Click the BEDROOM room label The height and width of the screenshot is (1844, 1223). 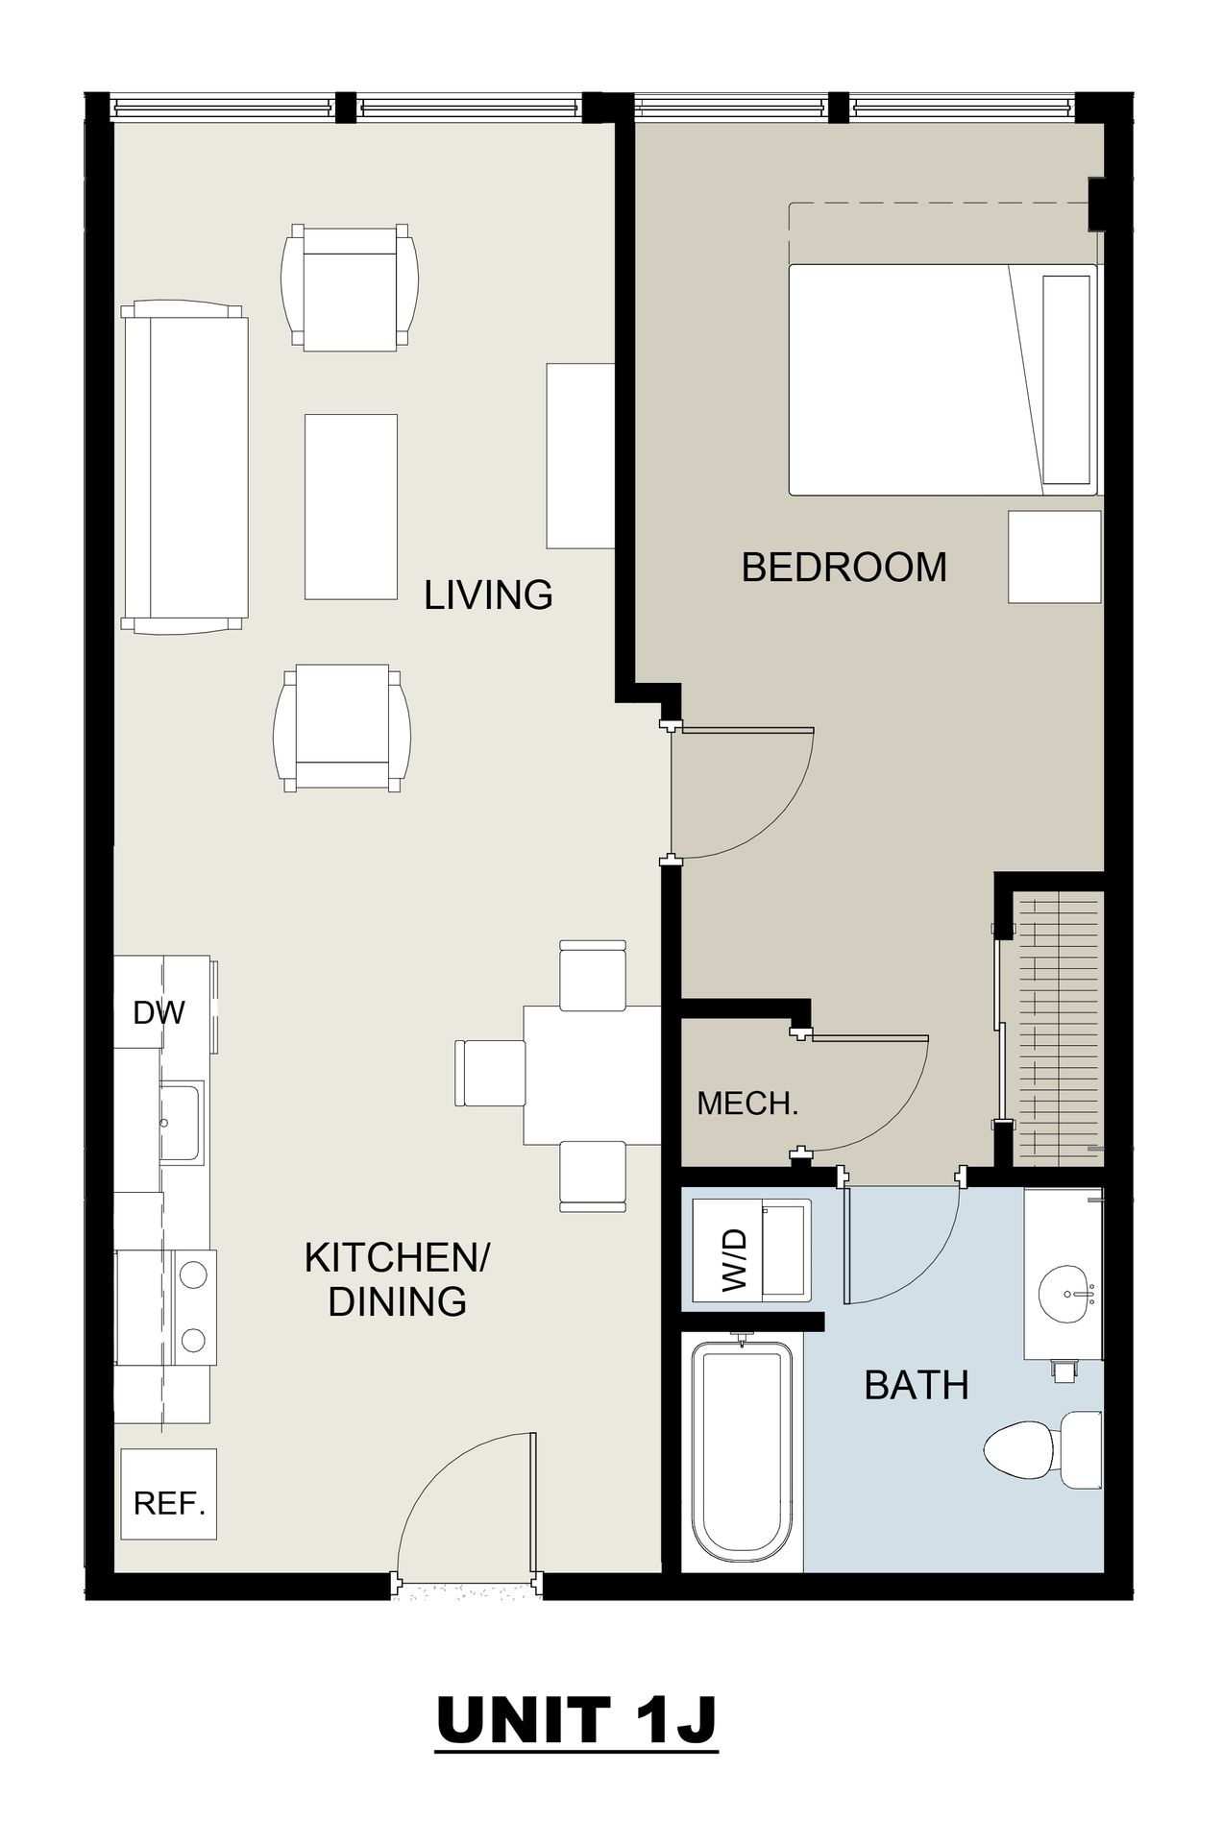tap(844, 567)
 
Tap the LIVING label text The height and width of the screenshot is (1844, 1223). tap(488, 595)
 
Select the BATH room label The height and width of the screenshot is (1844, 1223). tap(917, 1385)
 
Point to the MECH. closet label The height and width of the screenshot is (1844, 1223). tap(747, 1104)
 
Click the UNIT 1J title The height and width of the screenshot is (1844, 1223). tap(576, 1719)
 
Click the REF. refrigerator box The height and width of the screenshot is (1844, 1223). tap(169, 1494)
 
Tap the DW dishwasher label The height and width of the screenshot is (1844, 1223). tap(159, 1011)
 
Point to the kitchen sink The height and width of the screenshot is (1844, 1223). tap(182, 1122)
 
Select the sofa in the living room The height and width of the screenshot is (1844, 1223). tap(184, 467)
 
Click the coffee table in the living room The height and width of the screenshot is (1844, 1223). tap(351, 506)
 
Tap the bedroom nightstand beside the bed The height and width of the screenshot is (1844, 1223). tap(1054, 557)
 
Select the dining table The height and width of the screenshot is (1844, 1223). tap(592, 1075)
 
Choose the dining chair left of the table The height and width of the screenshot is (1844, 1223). tap(489, 1073)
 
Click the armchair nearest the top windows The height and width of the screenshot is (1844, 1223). tap(350, 288)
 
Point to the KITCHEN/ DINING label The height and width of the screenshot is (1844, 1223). tap(397, 1279)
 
